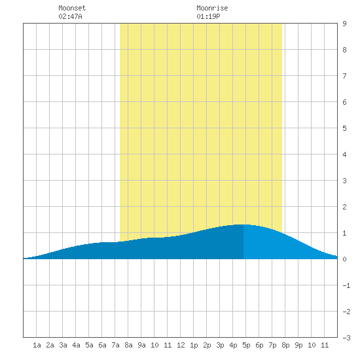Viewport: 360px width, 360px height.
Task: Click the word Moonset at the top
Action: coord(72,8)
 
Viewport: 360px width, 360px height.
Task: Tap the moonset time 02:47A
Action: coord(70,16)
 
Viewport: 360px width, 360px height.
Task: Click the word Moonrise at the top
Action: coord(212,8)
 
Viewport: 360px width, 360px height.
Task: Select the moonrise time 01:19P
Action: coord(208,16)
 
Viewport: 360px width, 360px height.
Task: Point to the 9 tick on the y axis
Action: coord(344,24)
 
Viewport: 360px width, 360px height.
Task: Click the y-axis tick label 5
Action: coord(344,128)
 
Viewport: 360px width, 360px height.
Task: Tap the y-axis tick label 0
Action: coord(344,259)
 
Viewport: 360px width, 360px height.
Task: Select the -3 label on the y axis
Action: coord(346,338)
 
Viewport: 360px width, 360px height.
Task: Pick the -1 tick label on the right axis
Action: coord(346,285)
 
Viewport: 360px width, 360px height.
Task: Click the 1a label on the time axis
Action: coord(37,345)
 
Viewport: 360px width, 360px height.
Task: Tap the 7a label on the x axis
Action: coord(115,345)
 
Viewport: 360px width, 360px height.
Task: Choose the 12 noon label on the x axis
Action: coord(181,345)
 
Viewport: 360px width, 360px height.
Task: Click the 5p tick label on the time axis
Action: coord(246,345)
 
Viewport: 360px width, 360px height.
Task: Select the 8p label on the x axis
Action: coord(285,345)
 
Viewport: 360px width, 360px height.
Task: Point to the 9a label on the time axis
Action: coord(141,345)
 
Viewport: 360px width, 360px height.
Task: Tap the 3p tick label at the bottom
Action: coord(220,345)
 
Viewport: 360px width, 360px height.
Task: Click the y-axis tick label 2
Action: coord(344,207)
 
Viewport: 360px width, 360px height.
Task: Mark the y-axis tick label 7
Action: coord(344,76)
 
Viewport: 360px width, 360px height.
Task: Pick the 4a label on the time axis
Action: coord(76,345)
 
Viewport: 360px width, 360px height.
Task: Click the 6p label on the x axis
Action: coord(259,345)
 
